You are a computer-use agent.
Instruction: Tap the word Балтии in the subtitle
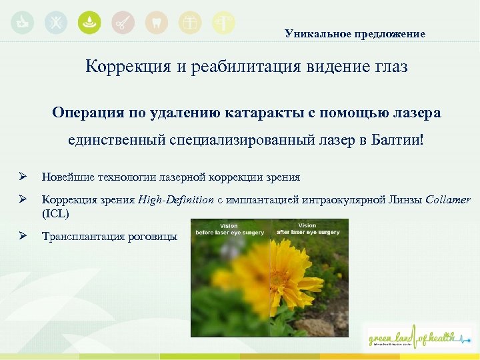pyautogui.click(x=398, y=140)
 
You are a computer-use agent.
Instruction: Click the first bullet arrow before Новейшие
pyautogui.click(x=22, y=177)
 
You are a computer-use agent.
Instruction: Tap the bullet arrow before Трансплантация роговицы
pyautogui.click(x=22, y=236)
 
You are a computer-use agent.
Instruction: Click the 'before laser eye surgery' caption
pyautogui.click(x=229, y=233)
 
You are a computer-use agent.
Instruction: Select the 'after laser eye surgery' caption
pyautogui.click(x=308, y=232)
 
